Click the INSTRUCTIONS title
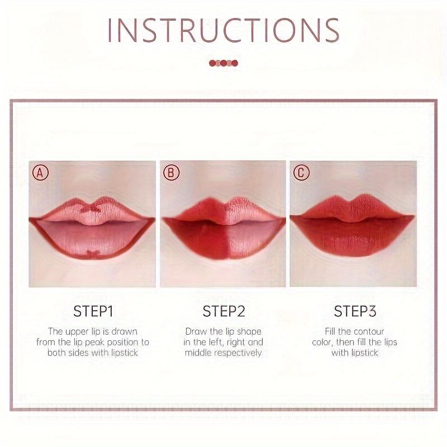coord(223,30)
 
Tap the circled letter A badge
coord(40,173)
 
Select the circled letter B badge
coord(171,173)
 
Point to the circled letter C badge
coord(301,173)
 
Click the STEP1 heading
coord(93,311)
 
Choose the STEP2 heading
coord(224,311)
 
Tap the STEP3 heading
coord(355,311)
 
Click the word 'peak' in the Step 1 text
coord(94,343)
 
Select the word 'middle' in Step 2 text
coord(198,353)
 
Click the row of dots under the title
coord(223,63)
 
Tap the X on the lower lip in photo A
coord(92,253)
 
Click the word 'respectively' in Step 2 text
coord(238,353)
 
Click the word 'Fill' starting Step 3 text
coord(331,331)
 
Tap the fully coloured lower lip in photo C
coord(353,237)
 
